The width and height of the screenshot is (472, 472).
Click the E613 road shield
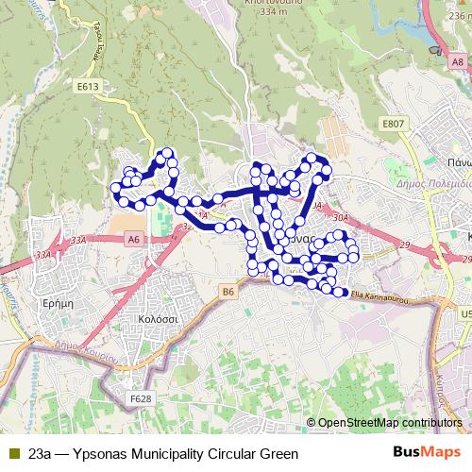tap(89, 86)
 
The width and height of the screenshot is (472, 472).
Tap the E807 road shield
tap(393, 124)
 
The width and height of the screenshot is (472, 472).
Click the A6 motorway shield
tap(133, 241)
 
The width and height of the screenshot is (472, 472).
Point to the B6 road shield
tap(228, 293)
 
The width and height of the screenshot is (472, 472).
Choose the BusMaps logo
tap(427, 453)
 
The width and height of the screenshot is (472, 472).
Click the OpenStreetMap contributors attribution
tap(390, 422)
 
